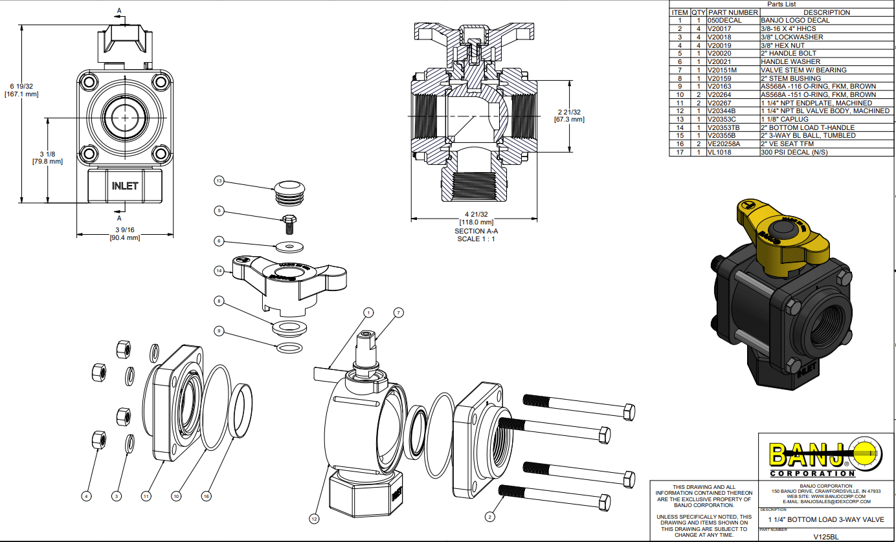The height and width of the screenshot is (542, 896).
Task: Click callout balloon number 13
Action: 219,182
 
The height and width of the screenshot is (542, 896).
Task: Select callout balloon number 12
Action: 315,517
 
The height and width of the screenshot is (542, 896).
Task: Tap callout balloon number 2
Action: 490,516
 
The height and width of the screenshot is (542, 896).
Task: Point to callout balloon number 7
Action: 398,313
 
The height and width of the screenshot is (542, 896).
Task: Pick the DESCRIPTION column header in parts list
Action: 826,12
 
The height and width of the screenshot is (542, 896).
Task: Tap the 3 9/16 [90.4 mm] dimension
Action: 124,233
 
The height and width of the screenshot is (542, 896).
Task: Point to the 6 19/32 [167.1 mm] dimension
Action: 21,90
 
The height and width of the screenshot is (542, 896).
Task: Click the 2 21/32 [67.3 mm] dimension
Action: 569,115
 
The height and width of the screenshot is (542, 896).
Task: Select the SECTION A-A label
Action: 476,231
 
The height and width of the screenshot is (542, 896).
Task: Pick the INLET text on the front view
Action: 125,186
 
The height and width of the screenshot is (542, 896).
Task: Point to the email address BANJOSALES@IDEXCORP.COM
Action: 826,501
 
